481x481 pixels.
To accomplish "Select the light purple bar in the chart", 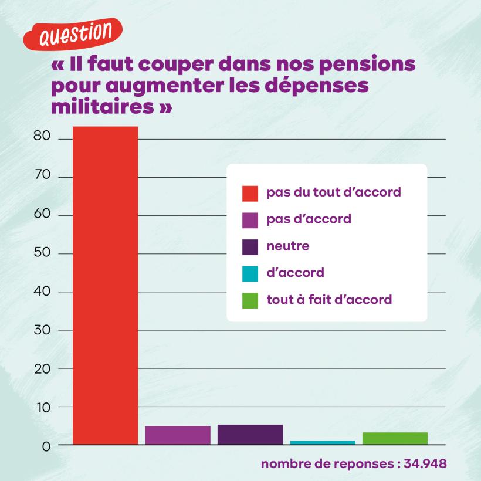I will click(x=178, y=435).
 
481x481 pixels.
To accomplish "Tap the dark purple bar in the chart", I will click(x=250, y=434).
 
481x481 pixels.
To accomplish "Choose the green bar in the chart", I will click(x=395, y=438).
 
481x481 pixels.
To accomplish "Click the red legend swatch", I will click(x=250, y=192).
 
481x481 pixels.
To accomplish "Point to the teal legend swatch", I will click(x=250, y=273).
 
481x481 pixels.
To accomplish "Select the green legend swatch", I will click(x=250, y=300).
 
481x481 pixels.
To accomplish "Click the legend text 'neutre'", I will click(x=287, y=246).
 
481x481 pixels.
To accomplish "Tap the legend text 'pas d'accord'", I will click(x=309, y=219).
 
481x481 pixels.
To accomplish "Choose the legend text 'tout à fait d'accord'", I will click(x=329, y=300).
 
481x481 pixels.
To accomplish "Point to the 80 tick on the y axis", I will click(x=46, y=138).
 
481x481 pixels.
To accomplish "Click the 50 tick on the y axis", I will click(x=46, y=253).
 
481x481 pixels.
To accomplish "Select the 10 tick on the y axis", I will click(x=47, y=407).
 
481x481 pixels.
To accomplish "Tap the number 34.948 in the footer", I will click(x=426, y=463).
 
